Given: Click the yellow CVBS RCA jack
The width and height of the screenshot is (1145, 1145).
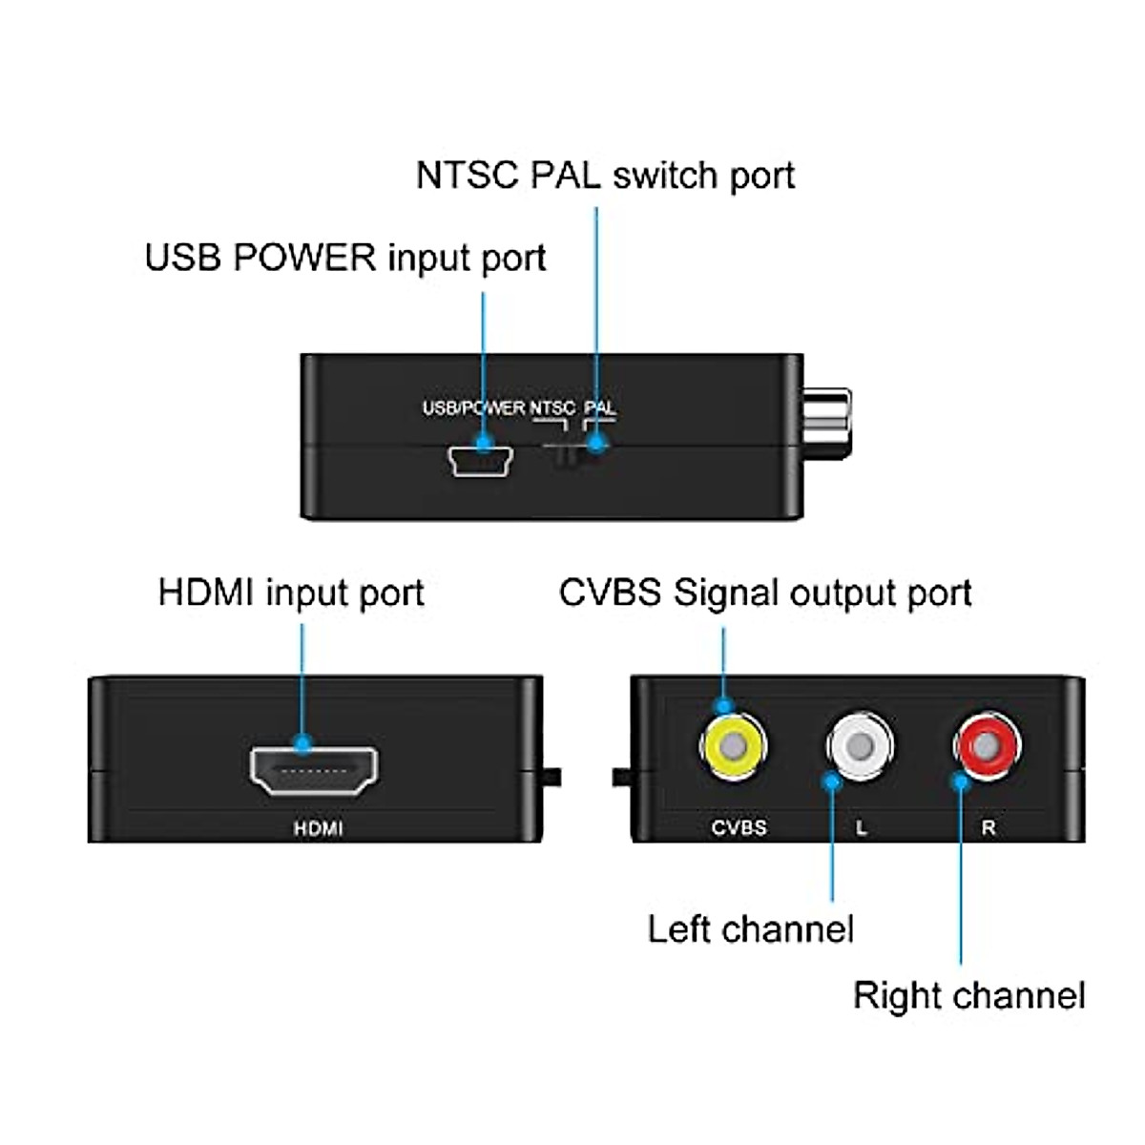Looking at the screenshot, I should pos(733,745).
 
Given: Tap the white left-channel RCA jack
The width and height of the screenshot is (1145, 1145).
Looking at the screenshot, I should pos(861,745).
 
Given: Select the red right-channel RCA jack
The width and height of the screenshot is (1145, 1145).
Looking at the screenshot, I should pos(989,745).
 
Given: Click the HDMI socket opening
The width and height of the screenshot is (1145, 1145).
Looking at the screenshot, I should pos(313,769).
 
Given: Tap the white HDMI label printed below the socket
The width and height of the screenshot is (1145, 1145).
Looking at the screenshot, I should pos(318,828).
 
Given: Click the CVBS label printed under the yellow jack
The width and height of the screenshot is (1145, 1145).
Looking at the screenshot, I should pos(739,827).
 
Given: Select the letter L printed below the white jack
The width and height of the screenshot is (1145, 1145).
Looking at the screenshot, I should pos(861,828).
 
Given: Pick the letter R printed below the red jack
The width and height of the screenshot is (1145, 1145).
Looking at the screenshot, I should pos(989,828).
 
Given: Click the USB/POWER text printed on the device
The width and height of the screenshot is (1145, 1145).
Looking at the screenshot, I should pos(473,408).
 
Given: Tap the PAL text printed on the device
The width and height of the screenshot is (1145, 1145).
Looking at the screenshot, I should pos(600,408).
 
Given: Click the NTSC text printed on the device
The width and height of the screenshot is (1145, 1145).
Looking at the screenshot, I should pos(552,408).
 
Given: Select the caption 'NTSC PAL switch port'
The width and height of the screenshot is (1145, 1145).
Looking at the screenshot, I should pos(605,177).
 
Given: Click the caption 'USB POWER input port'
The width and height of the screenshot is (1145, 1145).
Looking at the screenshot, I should pos(344,259).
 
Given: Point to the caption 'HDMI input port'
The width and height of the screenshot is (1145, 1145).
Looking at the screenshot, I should pos(291,593).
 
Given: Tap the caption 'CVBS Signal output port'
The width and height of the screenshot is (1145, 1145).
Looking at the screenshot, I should pos(764,593).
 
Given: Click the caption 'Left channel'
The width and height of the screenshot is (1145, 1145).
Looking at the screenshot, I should pos(750,928).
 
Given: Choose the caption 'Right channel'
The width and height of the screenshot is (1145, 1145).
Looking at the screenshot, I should pos(968,995).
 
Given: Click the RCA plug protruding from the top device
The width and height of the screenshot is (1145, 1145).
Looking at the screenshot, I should pos(826,420).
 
